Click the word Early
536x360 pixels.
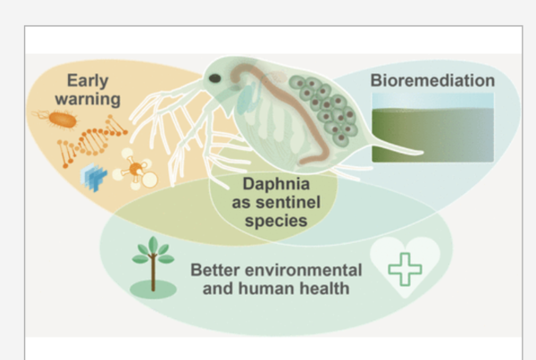click(x=88, y=81)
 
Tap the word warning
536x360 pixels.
click(x=88, y=99)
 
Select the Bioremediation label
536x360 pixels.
click(x=432, y=80)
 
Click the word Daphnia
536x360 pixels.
click(x=276, y=185)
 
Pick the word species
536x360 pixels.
click(x=276, y=221)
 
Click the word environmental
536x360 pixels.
click(x=304, y=270)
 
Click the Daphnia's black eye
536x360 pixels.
click(x=214, y=79)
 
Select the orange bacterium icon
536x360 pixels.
click(x=62, y=120)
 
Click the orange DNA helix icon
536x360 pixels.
click(x=92, y=140)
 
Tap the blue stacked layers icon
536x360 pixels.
click(x=93, y=176)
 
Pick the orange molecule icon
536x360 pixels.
click(x=136, y=169)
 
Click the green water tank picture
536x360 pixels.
click(x=432, y=127)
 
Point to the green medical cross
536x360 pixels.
click(x=405, y=269)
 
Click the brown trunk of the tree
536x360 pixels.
click(x=153, y=273)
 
